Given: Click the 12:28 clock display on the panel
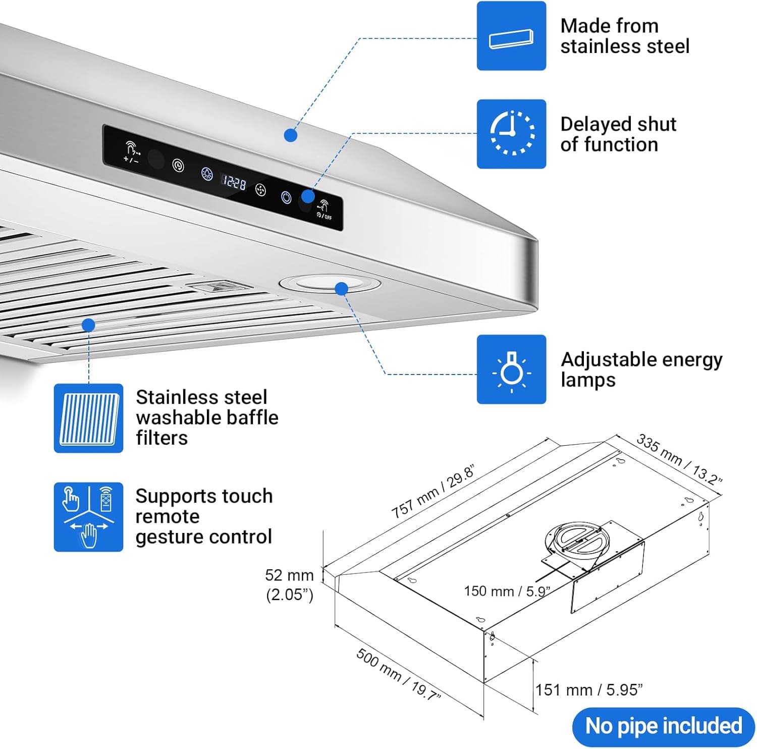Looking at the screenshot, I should [234, 181].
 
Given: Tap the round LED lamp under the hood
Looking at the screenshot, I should [330, 284].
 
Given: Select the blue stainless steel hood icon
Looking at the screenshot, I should [511, 36].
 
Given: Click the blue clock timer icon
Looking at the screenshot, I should [511, 134].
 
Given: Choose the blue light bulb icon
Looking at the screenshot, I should [511, 369].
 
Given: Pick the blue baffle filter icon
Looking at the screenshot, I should [88, 418].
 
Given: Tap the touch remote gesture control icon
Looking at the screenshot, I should [88, 517].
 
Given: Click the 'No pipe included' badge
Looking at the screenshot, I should [663, 726].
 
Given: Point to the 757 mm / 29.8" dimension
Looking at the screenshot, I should [433, 492].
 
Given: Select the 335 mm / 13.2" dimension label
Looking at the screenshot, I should [679, 459].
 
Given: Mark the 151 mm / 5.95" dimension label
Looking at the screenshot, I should [589, 689].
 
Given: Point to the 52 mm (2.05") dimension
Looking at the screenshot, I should [290, 584].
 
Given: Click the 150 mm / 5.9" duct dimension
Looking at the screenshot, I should [507, 591].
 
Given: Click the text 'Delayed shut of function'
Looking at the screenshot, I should [618, 134].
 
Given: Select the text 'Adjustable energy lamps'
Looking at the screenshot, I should [641, 369].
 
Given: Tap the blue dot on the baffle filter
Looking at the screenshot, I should [88, 325].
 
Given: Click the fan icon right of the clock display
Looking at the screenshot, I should [260, 190].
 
